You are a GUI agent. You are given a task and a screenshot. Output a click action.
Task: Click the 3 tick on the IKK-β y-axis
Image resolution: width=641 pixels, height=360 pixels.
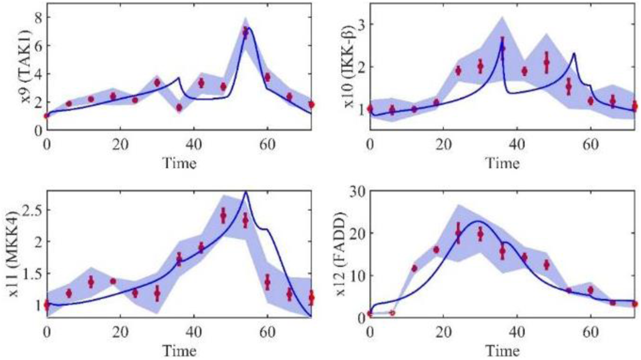click(359, 24)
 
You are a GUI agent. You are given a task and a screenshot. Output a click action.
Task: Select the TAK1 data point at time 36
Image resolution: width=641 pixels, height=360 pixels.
click(179, 108)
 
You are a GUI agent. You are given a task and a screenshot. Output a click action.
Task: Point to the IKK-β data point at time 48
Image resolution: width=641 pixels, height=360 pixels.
click(546, 62)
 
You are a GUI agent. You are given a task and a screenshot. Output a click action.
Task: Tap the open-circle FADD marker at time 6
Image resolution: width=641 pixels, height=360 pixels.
click(392, 313)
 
